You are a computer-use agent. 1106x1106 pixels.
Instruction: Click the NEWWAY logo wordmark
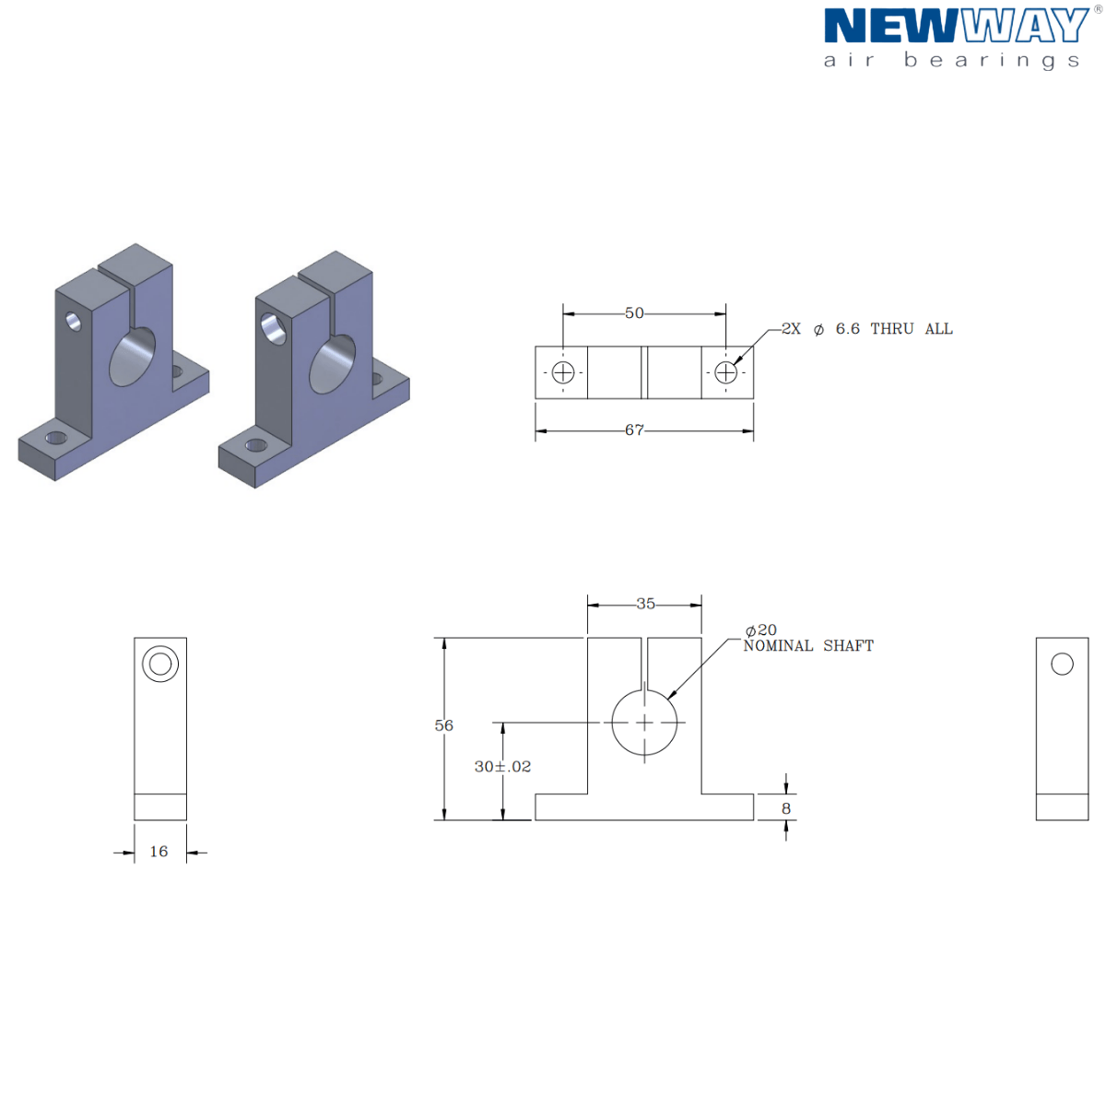tap(956, 26)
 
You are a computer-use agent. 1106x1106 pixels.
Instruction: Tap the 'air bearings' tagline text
tap(951, 61)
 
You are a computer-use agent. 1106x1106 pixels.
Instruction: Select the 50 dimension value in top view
tap(634, 313)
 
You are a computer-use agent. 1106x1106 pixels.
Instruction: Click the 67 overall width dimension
tap(634, 430)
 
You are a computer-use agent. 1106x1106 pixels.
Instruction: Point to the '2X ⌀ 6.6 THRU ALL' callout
tap(866, 329)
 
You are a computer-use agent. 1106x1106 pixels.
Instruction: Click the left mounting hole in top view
tap(562, 372)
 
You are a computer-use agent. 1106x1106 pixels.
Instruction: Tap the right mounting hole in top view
tap(726, 372)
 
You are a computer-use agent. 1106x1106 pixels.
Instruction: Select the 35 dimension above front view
tap(645, 605)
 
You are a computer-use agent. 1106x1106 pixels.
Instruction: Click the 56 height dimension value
tap(444, 726)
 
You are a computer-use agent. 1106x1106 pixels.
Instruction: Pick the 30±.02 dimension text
tap(502, 767)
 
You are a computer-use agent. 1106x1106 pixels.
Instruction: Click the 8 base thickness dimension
tap(786, 808)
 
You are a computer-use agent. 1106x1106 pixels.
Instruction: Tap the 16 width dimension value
tap(159, 852)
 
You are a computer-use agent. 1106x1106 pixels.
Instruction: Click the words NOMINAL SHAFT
tap(808, 646)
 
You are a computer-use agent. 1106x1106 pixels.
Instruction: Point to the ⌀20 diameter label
tap(761, 630)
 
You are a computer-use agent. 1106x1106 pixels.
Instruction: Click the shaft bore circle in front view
tap(644, 723)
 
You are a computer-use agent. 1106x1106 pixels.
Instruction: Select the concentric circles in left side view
tap(160, 664)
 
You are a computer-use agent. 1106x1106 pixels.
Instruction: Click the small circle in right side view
tap(1062, 664)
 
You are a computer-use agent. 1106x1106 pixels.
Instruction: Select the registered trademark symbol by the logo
tap(1097, 9)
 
